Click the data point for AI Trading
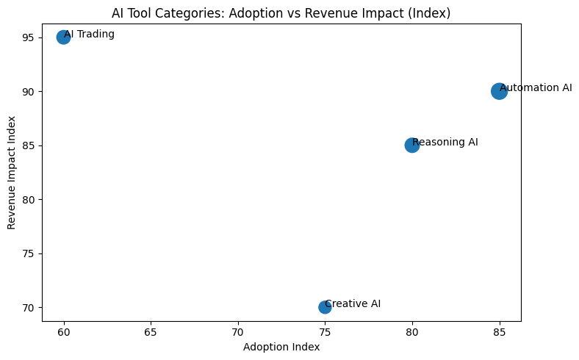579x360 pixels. (x=63, y=37)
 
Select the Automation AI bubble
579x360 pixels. (x=499, y=91)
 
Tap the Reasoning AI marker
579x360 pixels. (x=412, y=145)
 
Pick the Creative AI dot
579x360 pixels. (x=325, y=307)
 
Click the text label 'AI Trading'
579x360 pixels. (x=89, y=35)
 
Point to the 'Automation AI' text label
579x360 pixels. (x=535, y=88)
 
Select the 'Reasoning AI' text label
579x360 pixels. (x=445, y=143)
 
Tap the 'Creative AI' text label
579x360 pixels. (x=353, y=304)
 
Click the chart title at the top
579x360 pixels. (x=281, y=13)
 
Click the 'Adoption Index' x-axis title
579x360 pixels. (x=281, y=347)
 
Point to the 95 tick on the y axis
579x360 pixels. (x=29, y=37)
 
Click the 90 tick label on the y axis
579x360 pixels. (x=29, y=92)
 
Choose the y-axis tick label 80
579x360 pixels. (x=29, y=200)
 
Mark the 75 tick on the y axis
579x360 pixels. (x=29, y=253)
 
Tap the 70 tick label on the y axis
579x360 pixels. (x=29, y=308)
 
